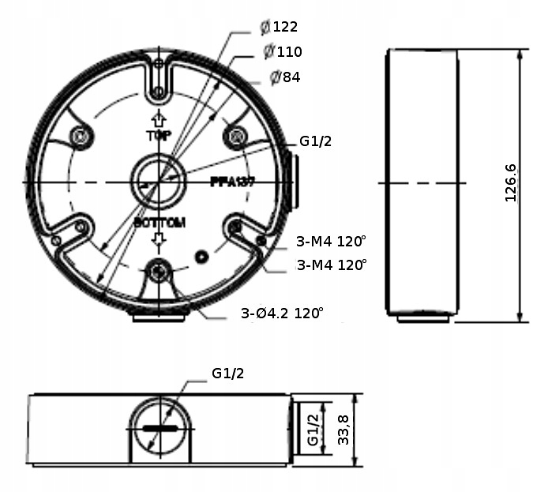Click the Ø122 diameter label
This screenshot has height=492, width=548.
pos(279,27)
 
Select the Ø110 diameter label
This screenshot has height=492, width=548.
pos(283,52)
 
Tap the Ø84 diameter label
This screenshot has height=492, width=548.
pos(285,77)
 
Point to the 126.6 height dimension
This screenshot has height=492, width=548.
pos(510,183)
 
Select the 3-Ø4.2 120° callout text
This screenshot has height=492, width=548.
pos(282,314)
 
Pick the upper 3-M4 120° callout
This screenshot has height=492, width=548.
pos(332,241)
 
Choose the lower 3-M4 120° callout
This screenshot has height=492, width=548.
pos(332,265)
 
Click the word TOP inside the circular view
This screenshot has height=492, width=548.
pos(159,136)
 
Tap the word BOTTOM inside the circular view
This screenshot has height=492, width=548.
pos(160,223)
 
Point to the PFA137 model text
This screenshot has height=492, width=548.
pos(232,181)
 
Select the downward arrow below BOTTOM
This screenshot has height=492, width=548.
pos(160,238)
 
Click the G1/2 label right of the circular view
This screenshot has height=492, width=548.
pos(315,142)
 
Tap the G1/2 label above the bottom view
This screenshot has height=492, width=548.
pos(227,374)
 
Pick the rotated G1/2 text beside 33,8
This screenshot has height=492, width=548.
pos(312,430)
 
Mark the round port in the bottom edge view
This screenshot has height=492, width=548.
pos(160,427)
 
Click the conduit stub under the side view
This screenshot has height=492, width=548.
pos(423,317)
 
